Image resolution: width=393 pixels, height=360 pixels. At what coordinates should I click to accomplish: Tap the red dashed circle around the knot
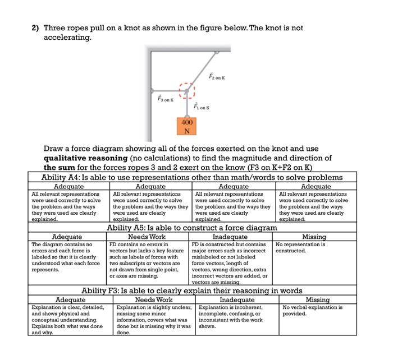pos(187,91)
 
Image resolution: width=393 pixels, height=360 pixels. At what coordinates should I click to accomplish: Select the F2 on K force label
pos(216,76)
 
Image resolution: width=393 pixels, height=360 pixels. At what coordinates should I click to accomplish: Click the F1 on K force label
pos(201,106)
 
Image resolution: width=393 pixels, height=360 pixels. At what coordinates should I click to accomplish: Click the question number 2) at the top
pos(35,27)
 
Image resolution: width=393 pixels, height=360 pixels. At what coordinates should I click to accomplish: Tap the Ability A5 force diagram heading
pos(192,228)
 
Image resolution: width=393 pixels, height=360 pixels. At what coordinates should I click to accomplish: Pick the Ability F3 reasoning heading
pos(192,290)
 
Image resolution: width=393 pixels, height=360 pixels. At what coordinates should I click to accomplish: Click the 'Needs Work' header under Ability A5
pos(148,237)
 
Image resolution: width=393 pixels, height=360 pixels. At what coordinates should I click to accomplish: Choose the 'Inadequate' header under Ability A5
pos(231,237)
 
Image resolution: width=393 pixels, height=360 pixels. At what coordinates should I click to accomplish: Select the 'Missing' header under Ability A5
pos(314,237)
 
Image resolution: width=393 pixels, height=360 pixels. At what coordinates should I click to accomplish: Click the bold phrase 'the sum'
pos(58,167)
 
